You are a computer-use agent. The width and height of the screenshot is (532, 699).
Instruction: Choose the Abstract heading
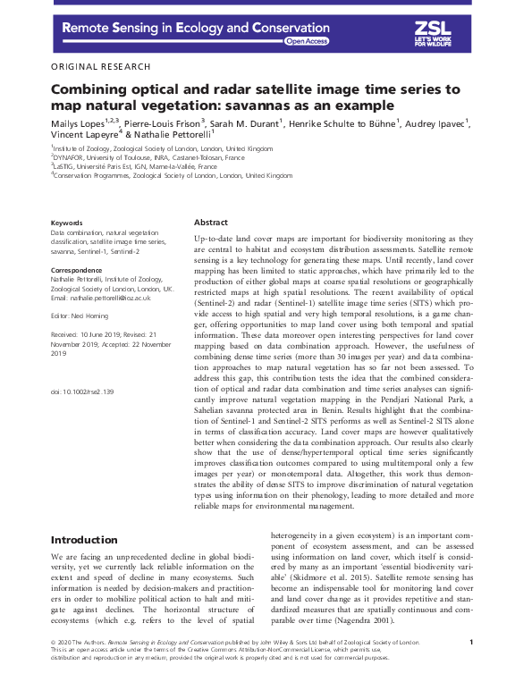click(212, 223)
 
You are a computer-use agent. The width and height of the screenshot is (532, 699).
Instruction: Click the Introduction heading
click(84, 540)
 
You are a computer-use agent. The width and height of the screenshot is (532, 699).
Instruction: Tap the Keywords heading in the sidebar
click(67, 223)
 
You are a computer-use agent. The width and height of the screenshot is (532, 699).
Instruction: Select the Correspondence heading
click(77, 269)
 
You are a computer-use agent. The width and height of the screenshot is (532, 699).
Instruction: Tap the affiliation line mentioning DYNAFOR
click(148, 157)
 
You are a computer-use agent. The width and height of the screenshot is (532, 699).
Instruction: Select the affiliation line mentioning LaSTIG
click(134, 166)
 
